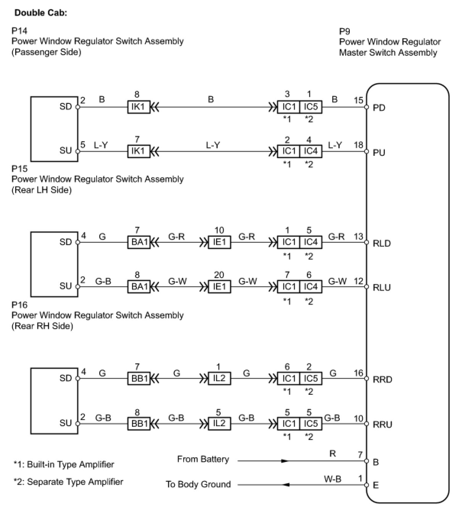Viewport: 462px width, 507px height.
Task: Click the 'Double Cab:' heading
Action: (40, 13)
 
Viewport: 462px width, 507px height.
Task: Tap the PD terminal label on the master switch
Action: (379, 107)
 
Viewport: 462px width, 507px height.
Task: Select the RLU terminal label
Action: (381, 287)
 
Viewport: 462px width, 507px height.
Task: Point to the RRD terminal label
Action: (382, 379)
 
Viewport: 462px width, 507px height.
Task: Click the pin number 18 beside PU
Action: (358, 145)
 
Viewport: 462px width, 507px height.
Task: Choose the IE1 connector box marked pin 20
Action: (219, 287)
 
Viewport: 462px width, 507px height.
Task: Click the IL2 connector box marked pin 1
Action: (219, 379)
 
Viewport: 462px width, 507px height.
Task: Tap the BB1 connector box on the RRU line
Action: (139, 424)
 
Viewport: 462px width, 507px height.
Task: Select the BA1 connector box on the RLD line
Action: (139, 242)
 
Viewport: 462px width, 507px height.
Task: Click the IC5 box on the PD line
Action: (311, 107)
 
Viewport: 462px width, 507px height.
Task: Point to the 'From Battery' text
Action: (203, 459)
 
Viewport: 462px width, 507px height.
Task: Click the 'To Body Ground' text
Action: (198, 484)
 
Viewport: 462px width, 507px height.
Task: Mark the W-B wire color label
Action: (332, 478)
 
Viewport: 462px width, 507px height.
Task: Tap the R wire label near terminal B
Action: (333, 454)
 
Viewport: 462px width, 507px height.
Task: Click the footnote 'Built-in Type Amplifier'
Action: (64, 464)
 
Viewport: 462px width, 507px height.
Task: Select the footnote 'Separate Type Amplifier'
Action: (68, 482)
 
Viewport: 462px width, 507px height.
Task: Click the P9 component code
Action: (344, 31)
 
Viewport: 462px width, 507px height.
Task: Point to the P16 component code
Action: (19, 305)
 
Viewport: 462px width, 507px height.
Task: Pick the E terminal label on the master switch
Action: (376, 485)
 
